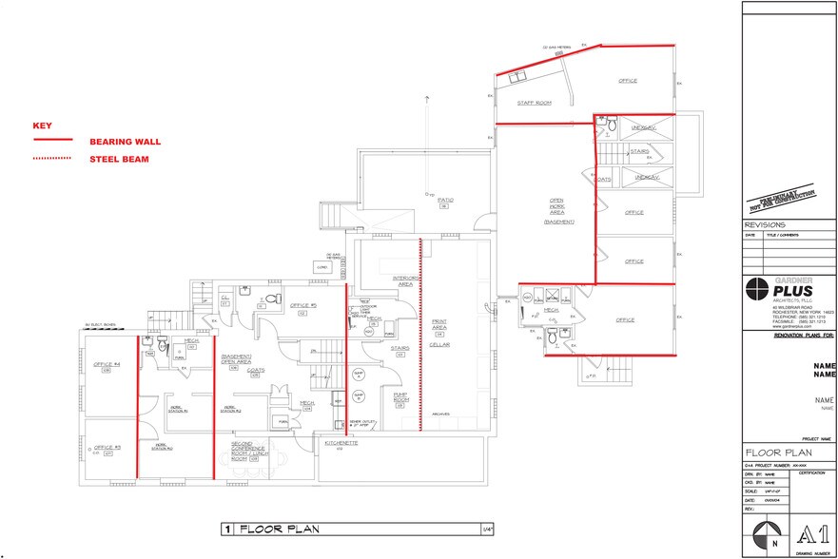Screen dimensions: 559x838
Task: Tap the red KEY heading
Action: [x=41, y=125]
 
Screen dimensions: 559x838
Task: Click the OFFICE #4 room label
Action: [x=107, y=366]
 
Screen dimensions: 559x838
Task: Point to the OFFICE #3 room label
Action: [x=107, y=448]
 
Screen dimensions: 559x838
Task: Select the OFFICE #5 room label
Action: [x=304, y=305]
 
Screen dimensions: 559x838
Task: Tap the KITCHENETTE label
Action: [x=341, y=443]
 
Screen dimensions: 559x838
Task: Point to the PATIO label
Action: [x=444, y=200]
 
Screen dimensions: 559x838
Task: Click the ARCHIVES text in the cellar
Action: [x=439, y=414]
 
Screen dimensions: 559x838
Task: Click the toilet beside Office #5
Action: [x=269, y=299]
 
